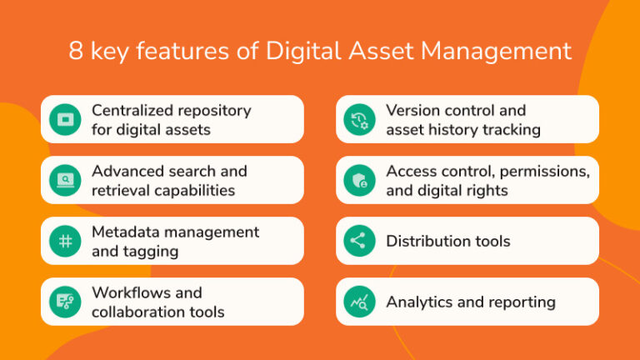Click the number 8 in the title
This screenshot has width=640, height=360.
pos(77,51)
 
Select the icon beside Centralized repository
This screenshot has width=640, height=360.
pos(64,119)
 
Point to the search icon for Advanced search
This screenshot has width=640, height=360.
pos(64,180)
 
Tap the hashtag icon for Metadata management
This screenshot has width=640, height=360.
pos(64,241)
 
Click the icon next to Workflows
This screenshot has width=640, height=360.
pos(64,302)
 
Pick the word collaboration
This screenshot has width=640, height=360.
pos(133,312)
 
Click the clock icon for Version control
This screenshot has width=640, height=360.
pos(359,119)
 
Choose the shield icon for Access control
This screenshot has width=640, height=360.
pos(359,180)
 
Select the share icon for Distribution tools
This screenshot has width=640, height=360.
pos(359,241)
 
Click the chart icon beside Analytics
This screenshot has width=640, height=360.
pos(359,302)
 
